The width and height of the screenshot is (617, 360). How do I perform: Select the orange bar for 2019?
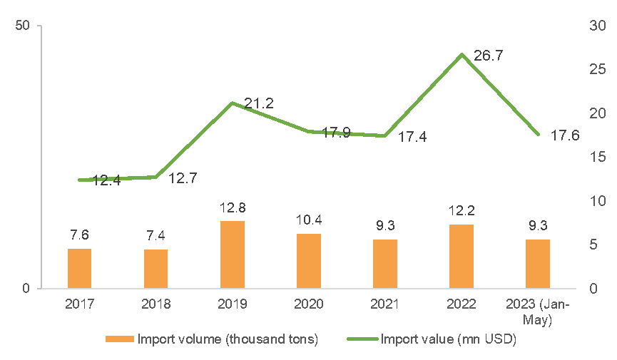232,254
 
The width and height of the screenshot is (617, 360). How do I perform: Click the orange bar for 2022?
462,256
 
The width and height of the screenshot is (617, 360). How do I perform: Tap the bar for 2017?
79,268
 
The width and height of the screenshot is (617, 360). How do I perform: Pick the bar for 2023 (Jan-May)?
538,264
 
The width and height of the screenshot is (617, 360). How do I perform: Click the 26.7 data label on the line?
489,56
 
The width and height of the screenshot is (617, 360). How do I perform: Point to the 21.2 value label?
258,103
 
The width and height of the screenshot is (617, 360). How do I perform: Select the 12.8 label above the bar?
233,207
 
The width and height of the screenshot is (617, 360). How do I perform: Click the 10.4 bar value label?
309,220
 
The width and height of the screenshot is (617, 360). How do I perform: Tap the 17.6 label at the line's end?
565,135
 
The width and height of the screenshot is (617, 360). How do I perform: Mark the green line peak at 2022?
462,55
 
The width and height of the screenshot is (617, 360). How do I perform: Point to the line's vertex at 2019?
233,103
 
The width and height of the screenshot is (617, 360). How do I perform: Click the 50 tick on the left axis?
22,26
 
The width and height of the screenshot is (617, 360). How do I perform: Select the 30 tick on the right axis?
597,26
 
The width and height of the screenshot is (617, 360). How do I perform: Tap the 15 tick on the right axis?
597,157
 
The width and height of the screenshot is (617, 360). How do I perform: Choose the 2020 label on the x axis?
309,304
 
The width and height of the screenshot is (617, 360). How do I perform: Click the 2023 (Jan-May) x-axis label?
538,312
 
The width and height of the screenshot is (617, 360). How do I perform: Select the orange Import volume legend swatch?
120,339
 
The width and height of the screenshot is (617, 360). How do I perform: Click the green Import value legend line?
362,339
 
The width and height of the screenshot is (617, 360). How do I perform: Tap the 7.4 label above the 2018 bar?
155,236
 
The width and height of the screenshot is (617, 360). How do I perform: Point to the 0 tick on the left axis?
26,289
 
